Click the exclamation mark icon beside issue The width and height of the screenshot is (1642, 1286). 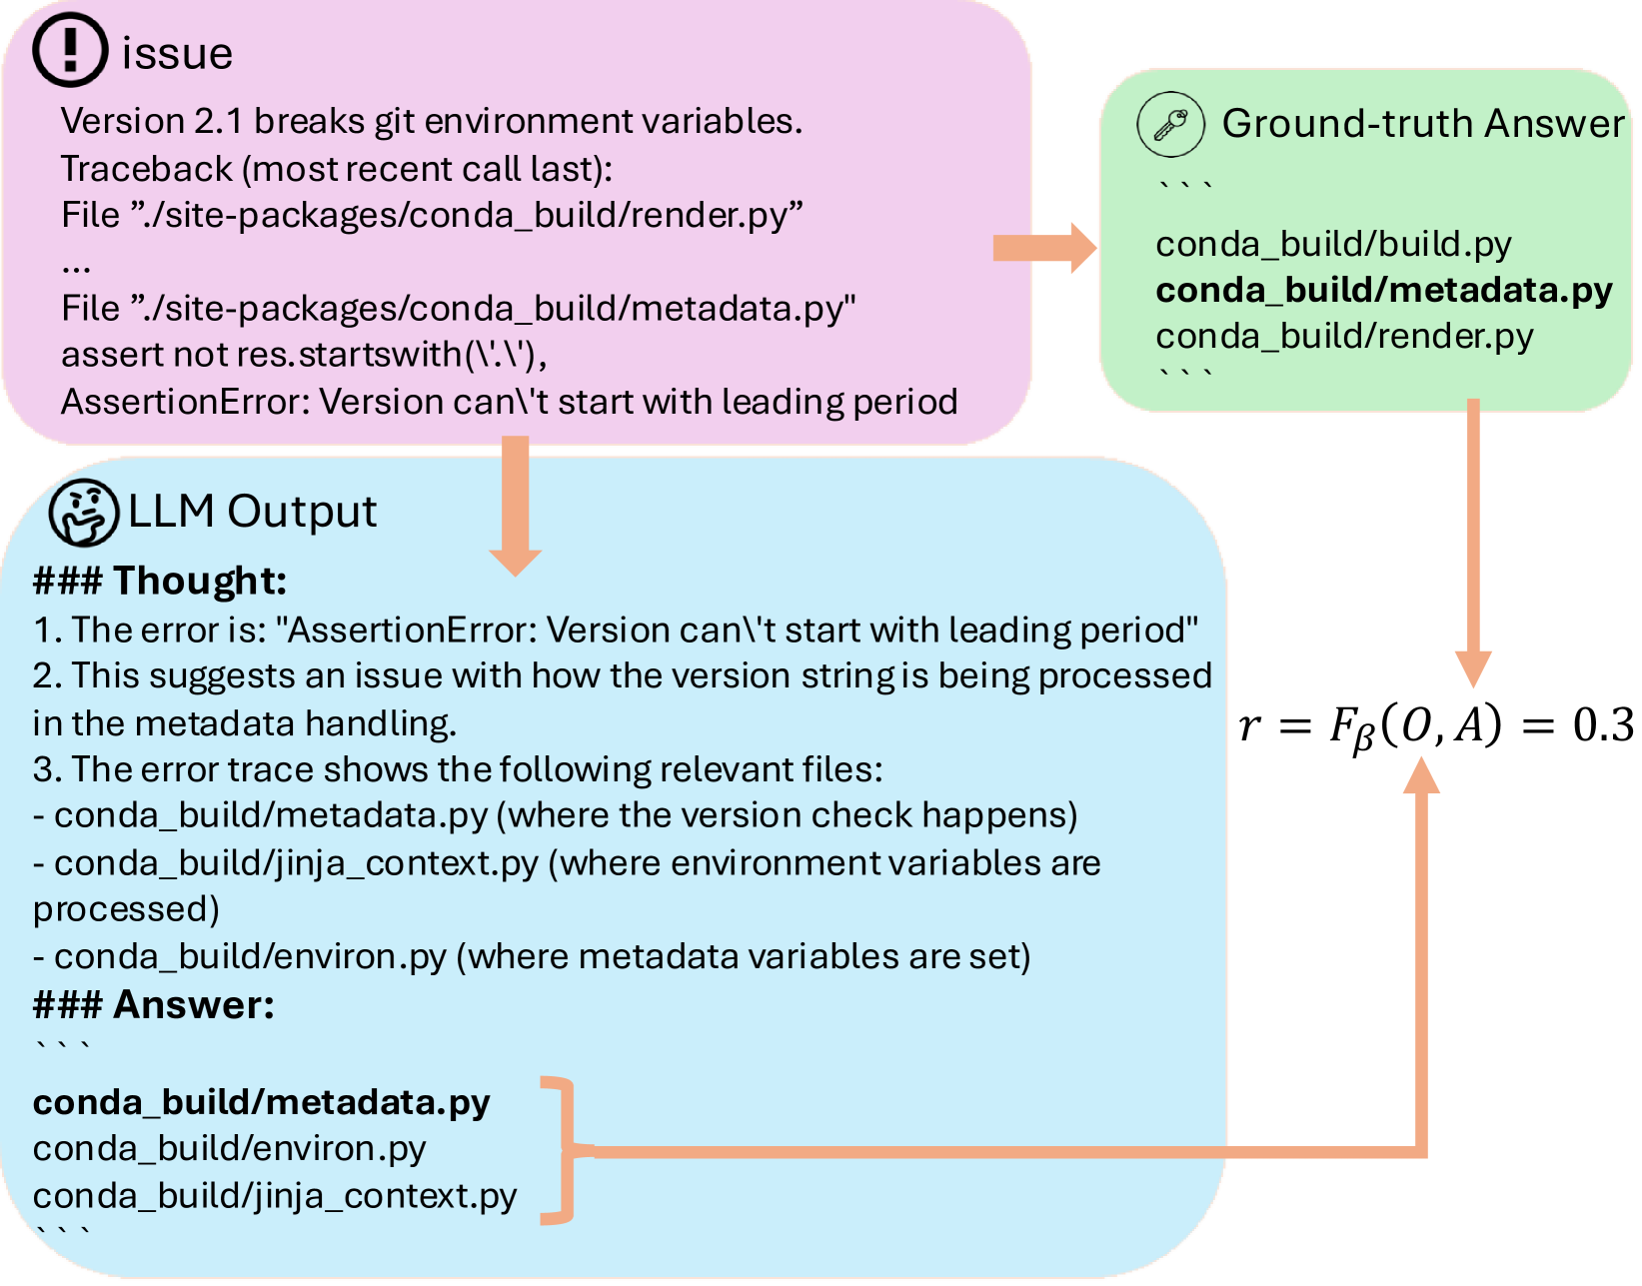click(x=69, y=50)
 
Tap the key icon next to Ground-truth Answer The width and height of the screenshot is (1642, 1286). click(x=1170, y=125)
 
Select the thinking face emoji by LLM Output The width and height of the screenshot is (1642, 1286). click(x=84, y=513)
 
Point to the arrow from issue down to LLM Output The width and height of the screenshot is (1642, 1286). click(x=515, y=505)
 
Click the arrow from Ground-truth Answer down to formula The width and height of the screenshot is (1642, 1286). click(x=1473, y=540)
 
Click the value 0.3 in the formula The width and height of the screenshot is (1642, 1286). click(x=1603, y=724)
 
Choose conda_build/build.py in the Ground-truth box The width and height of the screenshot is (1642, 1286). click(x=1333, y=244)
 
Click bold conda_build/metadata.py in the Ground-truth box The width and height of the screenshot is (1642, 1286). click(x=1383, y=290)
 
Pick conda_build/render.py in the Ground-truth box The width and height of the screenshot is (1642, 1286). click(x=1343, y=336)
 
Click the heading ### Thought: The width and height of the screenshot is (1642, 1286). click(x=160, y=581)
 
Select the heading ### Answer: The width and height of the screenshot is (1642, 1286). click(x=153, y=1004)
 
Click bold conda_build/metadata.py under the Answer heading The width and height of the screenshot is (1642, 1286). click(x=261, y=1102)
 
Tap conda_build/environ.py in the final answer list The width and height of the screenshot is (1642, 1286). click(x=229, y=1148)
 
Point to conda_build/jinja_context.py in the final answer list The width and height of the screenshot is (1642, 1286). click(x=275, y=1195)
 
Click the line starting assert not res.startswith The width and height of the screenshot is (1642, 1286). click(x=304, y=355)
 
